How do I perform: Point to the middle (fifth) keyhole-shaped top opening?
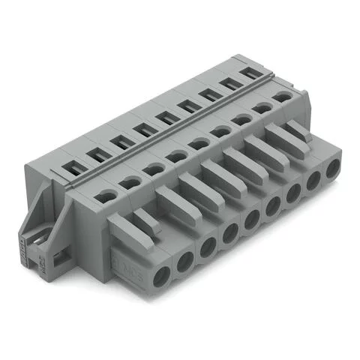coord(199,142)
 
